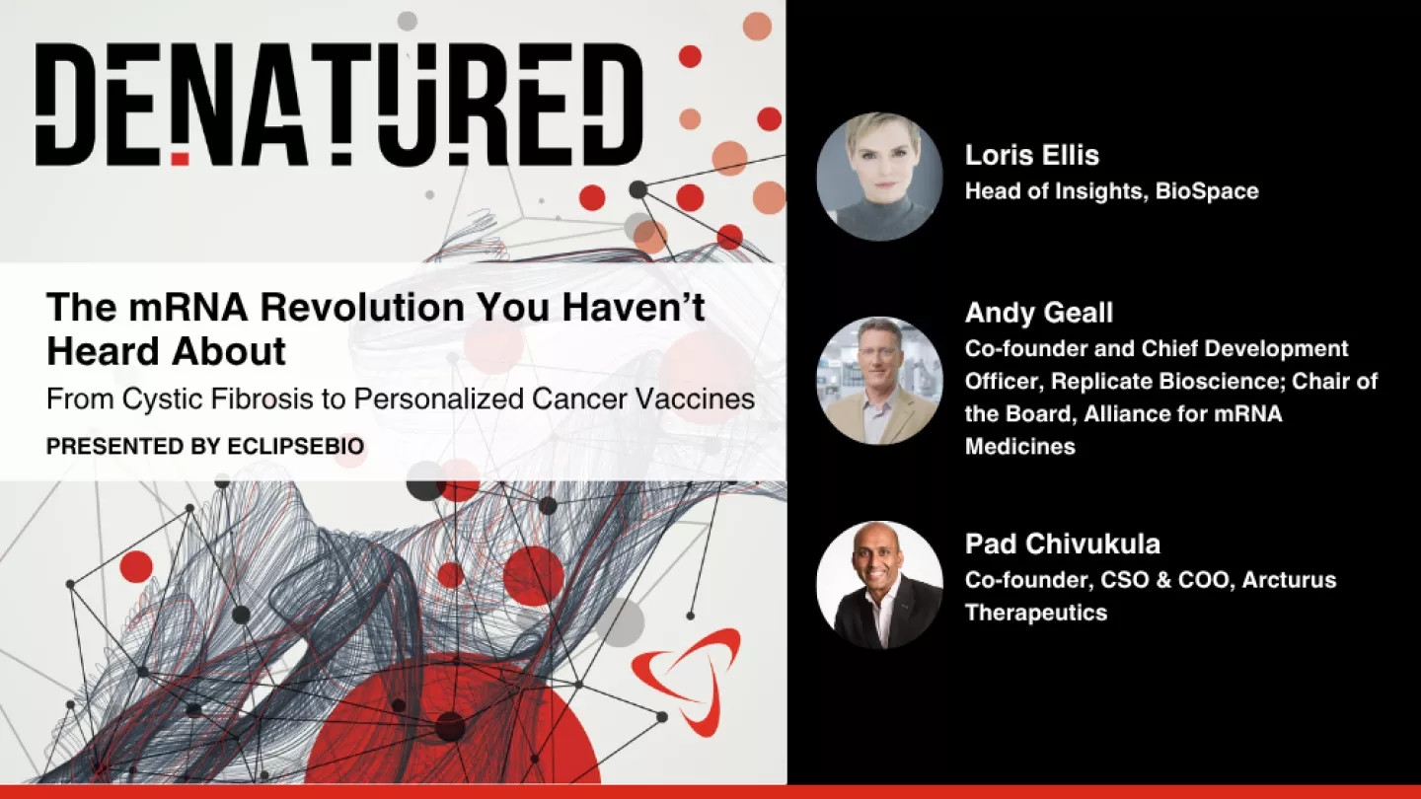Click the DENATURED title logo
[x=338, y=105]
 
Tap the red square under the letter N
[x=180, y=157]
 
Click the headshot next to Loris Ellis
[x=879, y=177]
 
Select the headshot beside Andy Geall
[x=879, y=380]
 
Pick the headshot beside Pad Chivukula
[x=879, y=585]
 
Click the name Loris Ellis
[x=1031, y=155]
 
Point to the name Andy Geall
[x=1038, y=314]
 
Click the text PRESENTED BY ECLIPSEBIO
[x=205, y=447]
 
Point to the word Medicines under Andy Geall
[x=1019, y=447]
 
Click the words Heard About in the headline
[x=166, y=352]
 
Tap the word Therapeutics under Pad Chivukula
[x=1035, y=613]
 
